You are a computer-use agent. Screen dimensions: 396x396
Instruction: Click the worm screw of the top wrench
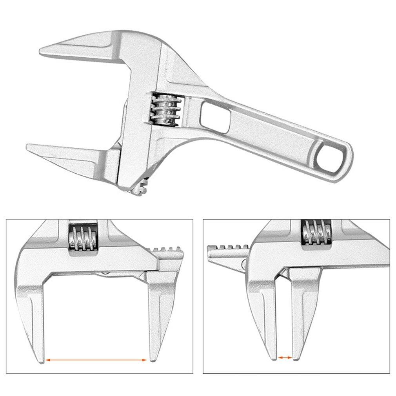165,109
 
